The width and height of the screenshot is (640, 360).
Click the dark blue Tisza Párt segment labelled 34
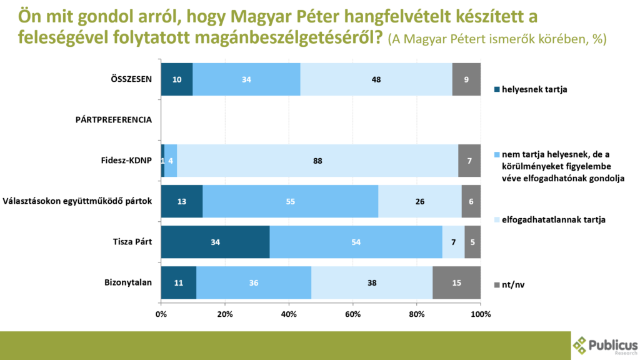coord(216,242)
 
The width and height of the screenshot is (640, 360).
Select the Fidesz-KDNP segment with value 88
coord(317,161)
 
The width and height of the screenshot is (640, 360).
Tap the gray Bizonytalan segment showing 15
coord(456,282)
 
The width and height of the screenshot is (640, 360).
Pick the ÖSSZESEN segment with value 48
coord(376,79)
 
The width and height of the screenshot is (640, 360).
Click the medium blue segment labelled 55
coord(290,201)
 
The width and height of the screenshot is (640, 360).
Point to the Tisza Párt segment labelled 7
coord(453,242)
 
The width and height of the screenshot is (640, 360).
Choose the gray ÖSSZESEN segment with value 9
coord(466,79)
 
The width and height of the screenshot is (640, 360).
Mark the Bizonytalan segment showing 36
coord(253,282)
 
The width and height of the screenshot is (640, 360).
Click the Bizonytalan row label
coord(128,282)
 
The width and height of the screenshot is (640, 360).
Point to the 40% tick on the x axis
coord(289,313)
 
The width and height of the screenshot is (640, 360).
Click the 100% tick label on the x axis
coord(480,313)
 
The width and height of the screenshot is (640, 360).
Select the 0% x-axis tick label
coord(161,313)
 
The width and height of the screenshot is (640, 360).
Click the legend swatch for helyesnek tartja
coord(497,89)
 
